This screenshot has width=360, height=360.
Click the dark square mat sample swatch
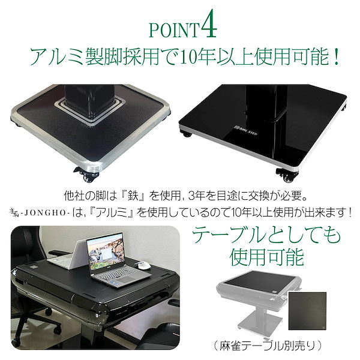(x=308, y=313)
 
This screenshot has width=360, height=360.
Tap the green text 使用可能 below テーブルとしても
(x=267, y=257)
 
